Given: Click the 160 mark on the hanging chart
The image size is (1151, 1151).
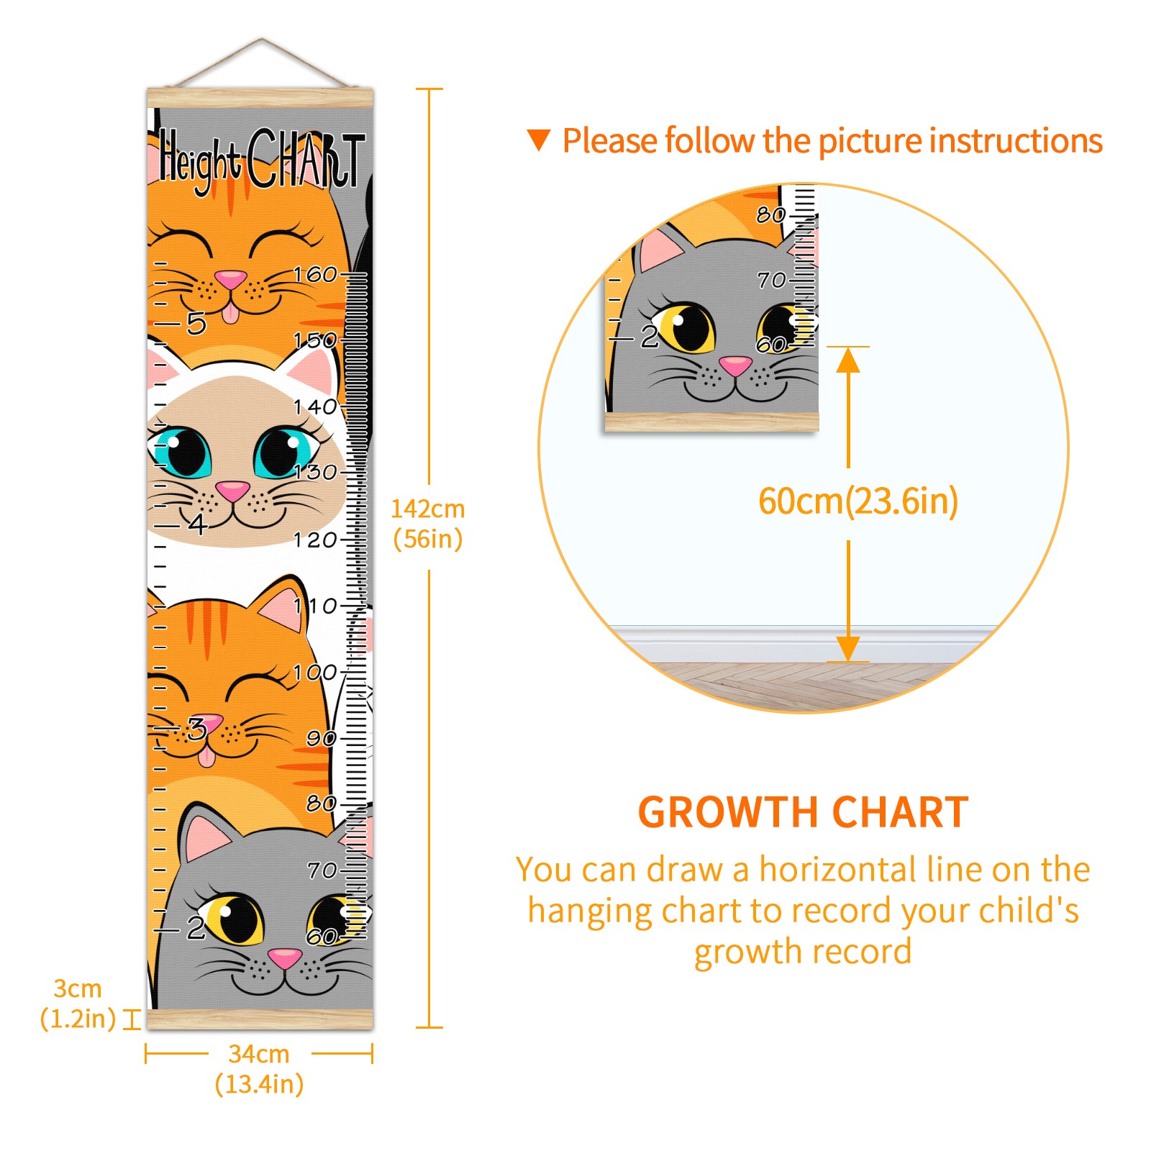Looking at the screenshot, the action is point(315,274).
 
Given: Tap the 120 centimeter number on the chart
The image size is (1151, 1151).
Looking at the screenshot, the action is point(315,540).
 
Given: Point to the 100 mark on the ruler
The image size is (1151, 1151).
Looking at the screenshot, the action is point(315,673).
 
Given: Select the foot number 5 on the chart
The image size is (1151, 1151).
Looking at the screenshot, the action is point(196,324).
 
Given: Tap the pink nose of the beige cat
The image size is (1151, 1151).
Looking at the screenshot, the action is point(232,491).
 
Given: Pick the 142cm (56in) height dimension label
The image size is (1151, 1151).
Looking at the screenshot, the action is point(428,524).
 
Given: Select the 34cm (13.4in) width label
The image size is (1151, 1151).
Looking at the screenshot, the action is point(259,1069).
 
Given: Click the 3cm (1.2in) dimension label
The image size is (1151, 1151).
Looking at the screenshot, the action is point(78,1004).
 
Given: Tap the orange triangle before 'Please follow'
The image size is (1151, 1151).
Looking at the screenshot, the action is point(539,140).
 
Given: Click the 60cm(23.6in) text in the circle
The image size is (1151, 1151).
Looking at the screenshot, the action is point(858,501).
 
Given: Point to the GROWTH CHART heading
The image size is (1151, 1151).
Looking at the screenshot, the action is point(804,813).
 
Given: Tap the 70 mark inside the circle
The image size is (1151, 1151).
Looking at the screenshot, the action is point(772,280).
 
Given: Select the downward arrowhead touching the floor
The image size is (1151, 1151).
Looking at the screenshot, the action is point(848,648).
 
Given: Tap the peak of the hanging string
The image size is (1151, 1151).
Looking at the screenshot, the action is point(262,39).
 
